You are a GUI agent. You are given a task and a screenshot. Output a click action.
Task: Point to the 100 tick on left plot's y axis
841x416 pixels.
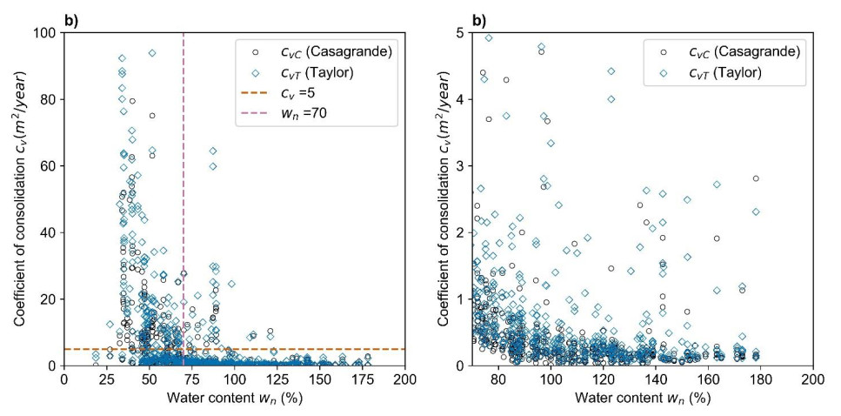click(x=46, y=33)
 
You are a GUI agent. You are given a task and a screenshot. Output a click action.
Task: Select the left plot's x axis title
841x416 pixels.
click(x=234, y=399)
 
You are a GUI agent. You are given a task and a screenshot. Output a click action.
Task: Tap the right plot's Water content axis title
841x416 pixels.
click(x=643, y=399)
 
